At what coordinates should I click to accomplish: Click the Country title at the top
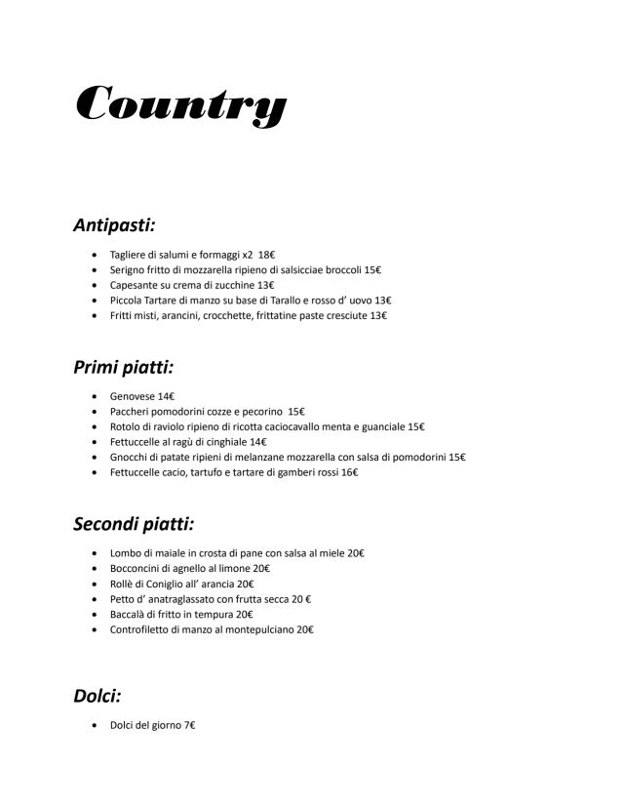pos(180,103)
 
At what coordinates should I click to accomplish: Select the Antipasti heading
pos(115,225)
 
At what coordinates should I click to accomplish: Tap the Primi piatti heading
pos(123,368)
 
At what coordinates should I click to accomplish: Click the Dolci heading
pos(97,696)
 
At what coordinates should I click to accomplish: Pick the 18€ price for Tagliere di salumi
pos(267,254)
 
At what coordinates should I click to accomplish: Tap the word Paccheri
pos(131,411)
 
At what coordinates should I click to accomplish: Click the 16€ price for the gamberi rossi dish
pos(347,472)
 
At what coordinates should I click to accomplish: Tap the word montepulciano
pos(259,629)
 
